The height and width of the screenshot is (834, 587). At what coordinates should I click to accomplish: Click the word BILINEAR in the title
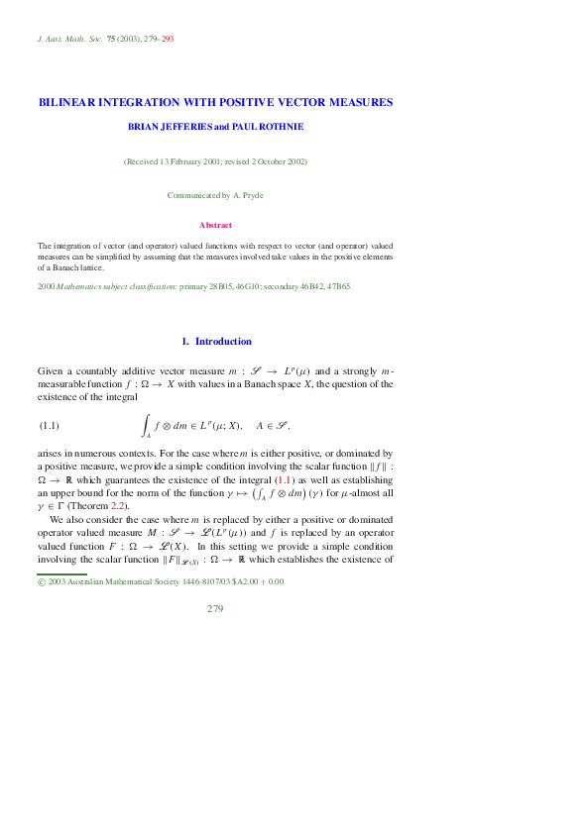coord(65,102)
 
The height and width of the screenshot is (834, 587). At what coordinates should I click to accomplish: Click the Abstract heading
coord(215,225)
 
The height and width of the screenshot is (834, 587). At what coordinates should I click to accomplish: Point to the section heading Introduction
coord(223,342)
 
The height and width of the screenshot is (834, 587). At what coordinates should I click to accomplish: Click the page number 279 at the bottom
coord(215,608)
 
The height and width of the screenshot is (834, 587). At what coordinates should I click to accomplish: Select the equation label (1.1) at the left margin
coord(50,426)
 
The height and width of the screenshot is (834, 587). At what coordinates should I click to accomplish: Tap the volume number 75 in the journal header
coord(111,39)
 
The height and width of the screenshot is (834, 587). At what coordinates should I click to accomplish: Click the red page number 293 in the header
coord(168,39)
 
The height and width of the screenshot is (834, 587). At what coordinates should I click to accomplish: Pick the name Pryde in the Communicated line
coord(252,195)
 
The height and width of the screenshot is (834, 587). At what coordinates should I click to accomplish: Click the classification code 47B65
coord(337,286)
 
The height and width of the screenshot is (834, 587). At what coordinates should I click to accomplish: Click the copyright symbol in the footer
coord(41,581)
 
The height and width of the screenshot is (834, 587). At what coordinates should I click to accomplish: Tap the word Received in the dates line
coord(145,160)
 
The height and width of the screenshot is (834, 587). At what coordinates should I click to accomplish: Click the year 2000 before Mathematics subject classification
coord(46,286)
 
